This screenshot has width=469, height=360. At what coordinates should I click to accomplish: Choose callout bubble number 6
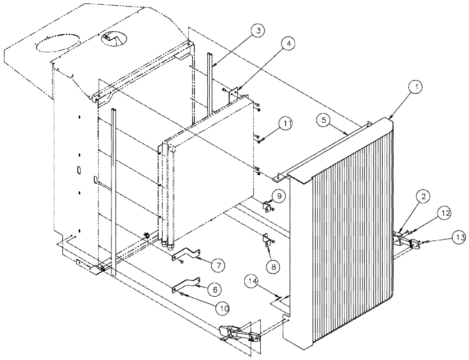[x=215, y=290]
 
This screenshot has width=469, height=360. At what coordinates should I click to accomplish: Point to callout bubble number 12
[x=445, y=213]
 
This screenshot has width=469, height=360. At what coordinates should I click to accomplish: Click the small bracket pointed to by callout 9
[x=268, y=205]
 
